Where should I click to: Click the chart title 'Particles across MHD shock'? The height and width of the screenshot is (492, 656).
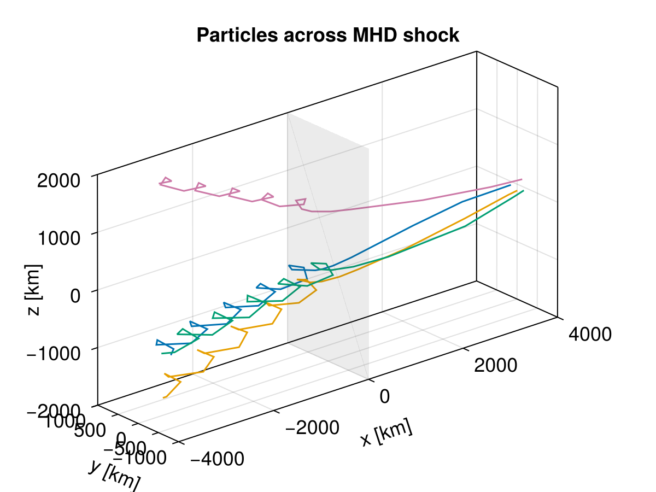[328, 36]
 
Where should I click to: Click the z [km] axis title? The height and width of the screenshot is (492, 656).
[34, 290]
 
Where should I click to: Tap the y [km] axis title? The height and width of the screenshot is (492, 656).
[114, 473]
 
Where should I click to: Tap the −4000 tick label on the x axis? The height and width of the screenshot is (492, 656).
[217, 459]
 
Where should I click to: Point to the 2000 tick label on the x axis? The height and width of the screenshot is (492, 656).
[495, 365]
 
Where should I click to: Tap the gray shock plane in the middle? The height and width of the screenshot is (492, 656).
[328, 246]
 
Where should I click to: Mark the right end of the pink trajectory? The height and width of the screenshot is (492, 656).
[522, 179]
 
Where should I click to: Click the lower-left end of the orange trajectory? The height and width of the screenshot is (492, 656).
[163, 397]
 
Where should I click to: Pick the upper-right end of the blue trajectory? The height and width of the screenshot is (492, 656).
[510, 185]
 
